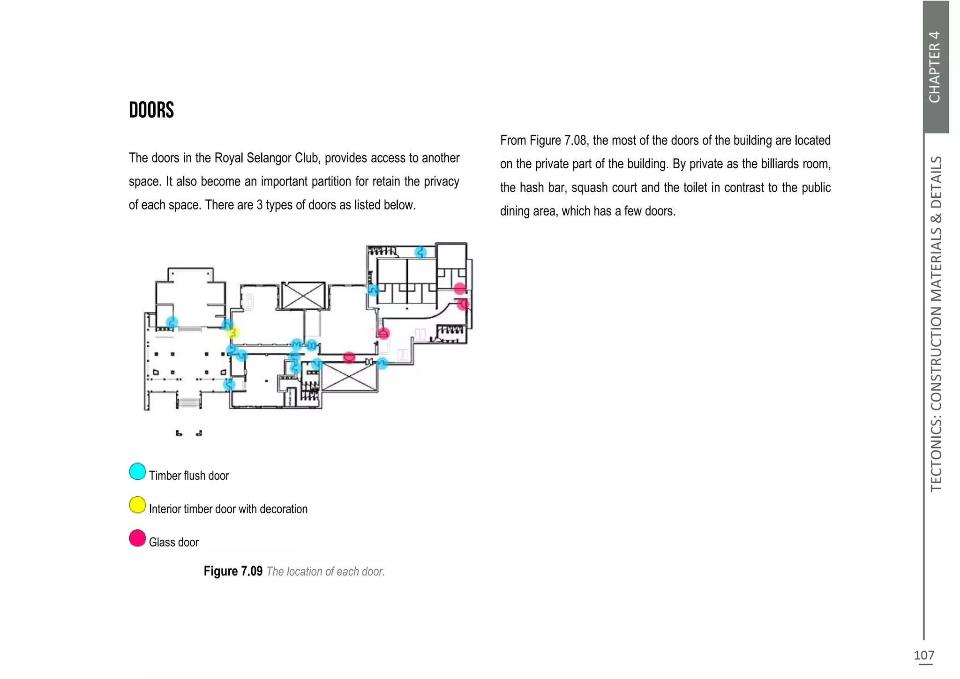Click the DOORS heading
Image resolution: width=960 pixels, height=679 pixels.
coord(151,111)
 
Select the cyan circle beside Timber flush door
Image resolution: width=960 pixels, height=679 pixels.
coord(137,471)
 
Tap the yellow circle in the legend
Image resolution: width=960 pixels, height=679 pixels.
coord(137,505)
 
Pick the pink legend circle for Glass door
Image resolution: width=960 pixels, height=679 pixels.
coord(137,538)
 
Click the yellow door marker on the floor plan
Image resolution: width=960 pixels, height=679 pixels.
coord(233,333)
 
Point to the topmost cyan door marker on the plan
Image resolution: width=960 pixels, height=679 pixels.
coord(420,253)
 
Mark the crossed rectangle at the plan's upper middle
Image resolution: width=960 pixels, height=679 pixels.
coord(303,295)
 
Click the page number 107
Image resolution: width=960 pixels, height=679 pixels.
coord(924,655)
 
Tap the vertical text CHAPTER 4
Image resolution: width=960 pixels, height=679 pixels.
coord(935,67)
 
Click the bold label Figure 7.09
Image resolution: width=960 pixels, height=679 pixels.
coord(233,571)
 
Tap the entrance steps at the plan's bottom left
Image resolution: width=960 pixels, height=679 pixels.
coord(188,402)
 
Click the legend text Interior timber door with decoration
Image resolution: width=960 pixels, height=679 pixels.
coord(228,509)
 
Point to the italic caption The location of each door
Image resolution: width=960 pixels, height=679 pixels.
coord(325,572)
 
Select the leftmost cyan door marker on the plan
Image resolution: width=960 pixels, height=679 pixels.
coord(172,322)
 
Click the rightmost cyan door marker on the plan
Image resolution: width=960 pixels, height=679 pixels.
coord(382,363)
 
